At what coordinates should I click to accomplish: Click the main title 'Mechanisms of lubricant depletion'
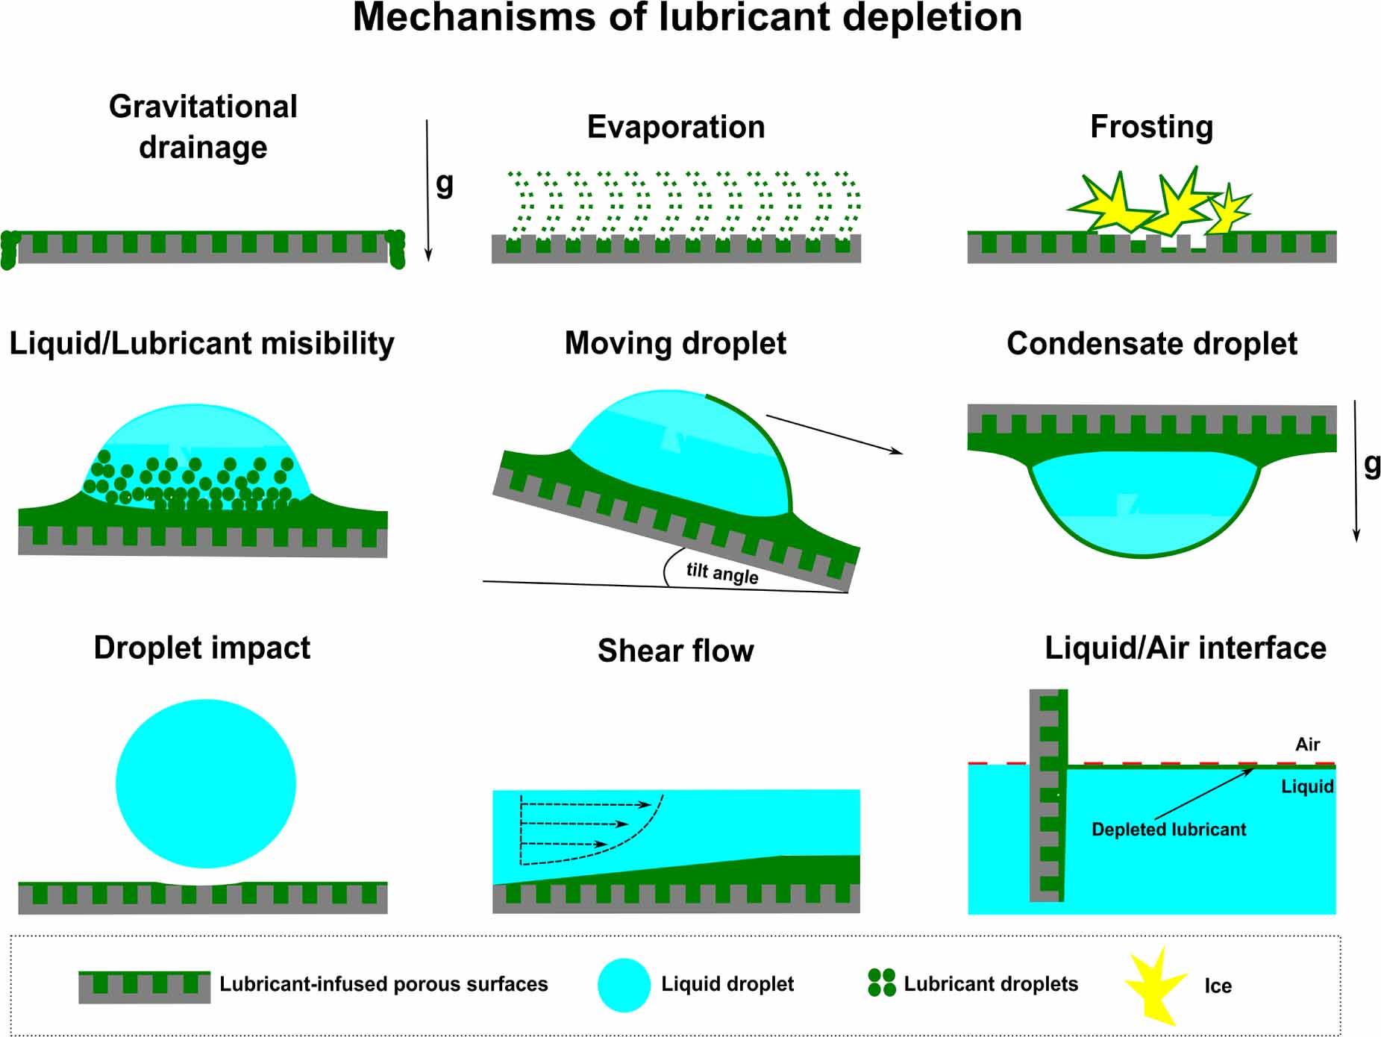[x=687, y=18]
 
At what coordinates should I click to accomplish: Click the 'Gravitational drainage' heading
[x=203, y=127]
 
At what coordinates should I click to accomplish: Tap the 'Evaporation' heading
[x=676, y=127]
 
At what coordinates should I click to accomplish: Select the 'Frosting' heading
[x=1151, y=127]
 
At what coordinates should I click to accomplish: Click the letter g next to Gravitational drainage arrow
[x=445, y=183]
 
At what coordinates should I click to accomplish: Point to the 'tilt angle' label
[x=722, y=573]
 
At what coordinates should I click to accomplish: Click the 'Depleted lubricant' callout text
[x=1168, y=830]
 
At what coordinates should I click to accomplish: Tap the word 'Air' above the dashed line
[x=1307, y=745]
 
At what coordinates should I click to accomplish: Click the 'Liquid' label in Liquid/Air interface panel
[x=1307, y=786]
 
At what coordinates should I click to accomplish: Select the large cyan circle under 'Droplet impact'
[x=206, y=783]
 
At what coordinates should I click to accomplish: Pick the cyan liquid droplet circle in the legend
[x=624, y=985]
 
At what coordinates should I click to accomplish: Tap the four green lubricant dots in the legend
[x=881, y=983]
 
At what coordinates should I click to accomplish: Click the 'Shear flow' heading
[x=676, y=651]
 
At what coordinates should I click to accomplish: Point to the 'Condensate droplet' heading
[x=1151, y=344]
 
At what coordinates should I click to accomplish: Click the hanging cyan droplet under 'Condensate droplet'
[x=1143, y=507]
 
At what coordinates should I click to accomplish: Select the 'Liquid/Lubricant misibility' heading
[x=201, y=344]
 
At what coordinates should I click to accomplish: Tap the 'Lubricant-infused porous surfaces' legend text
[x=383, y=984]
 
